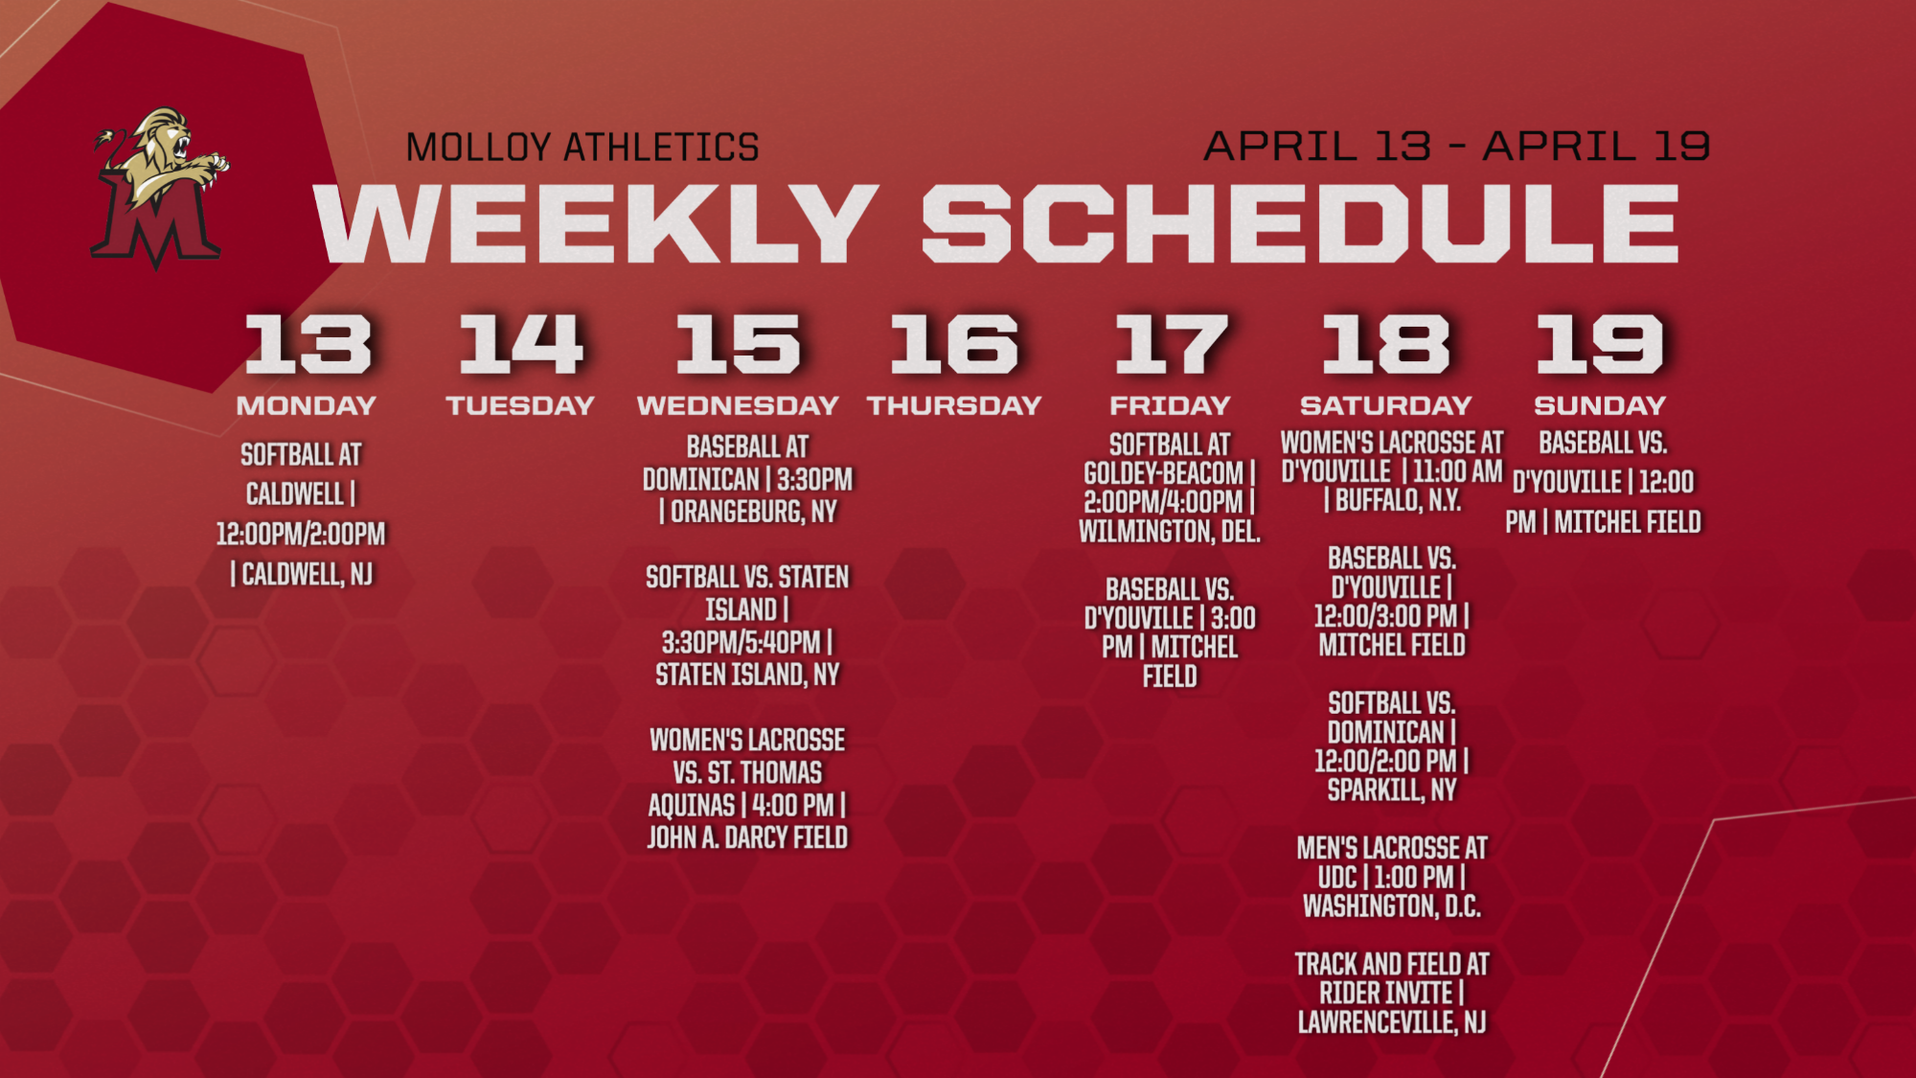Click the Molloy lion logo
pyautogui.click(x=159, y=187)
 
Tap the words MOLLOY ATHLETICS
pyautogui.click(x=582, y=148)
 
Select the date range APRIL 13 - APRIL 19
pyautogui.click(x=1456, y=147)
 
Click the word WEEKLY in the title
pyautogui.click(x=596, y=223)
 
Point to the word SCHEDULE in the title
pyautogui.click(x=1300, y=223)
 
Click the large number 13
pyautogui.click(x=308, y=344)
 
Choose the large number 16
pyautogui.click(x=953, y=344)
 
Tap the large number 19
pyautogui.click(x=1600, y=344)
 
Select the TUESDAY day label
pyautogui.click(x=520, y=405)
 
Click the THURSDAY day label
pyautogui.click(x=954, y=405)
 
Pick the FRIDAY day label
pyautogui.click(x=1170, y=405)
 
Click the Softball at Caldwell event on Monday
pyautogui.click(x=301, y=514)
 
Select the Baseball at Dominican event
pyautogui.click(x=747, y=479)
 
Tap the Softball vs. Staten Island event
pyautogui.click(x=747, y=626)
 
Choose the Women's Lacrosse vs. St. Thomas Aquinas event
pyautogui.click(x=747, y=789)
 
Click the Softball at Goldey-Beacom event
pyautogui.click(x=1170, y=488)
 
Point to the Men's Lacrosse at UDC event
pyautogui.click(x=1392, y=877)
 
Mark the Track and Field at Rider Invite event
pyautogui.click(x=1392, y=993)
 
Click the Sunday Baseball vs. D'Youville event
pyautogui.click(x=1603, y=482)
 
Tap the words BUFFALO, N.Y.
pyautogui.click(x=1398, y=500)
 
